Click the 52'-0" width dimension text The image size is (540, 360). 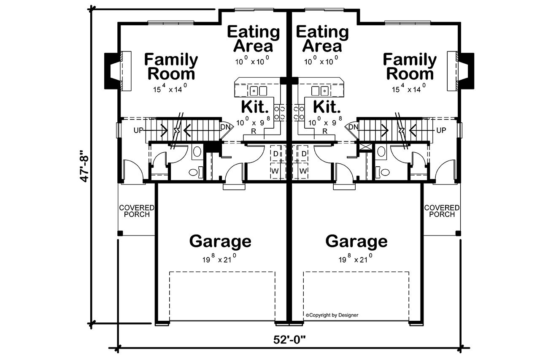point(289,340)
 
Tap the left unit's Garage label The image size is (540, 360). point(220,241)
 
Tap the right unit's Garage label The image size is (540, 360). point(356,241)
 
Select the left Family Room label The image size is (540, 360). point(170,67)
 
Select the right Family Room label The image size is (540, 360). point(410,67)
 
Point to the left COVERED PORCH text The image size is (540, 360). point(136,211)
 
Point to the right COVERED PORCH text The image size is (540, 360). point(442,211)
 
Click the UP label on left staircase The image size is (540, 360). point(138,130)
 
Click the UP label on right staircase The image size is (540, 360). point(441,130)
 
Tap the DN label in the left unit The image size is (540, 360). point(225,127)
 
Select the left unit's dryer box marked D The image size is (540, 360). point(275,154)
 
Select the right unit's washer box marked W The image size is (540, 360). point(303,171)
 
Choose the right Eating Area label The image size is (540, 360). point(322,38)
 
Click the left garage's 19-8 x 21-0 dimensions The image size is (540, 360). point(220,259)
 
